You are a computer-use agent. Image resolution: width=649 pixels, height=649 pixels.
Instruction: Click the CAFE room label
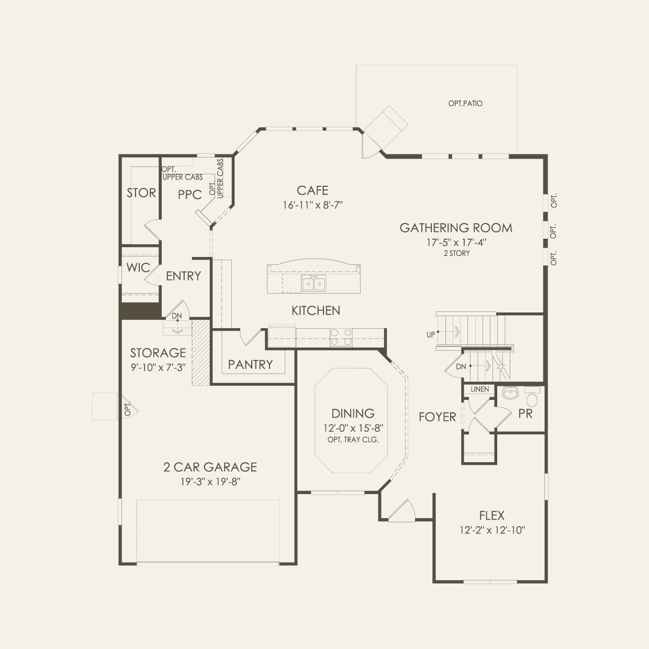(312, 191)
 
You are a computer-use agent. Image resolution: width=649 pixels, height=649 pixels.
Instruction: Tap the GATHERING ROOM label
(456, 228)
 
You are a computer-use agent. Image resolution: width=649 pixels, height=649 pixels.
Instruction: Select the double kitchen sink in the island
(314, 284)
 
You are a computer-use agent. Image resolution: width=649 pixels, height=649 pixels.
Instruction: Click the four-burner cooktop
(341, 337)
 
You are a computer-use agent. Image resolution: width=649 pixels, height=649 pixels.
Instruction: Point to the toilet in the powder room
(532, 396)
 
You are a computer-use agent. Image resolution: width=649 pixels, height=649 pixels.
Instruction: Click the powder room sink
(511, 393)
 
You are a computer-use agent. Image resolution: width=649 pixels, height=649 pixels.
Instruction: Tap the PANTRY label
(250, 365)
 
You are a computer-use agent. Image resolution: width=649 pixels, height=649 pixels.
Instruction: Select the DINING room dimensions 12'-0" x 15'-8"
(353, 429)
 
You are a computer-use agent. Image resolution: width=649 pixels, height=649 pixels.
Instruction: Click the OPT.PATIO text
(465, 104)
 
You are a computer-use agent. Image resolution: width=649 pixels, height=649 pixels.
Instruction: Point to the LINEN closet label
(479, 389)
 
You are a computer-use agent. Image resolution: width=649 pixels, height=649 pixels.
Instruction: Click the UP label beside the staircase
(431, 335)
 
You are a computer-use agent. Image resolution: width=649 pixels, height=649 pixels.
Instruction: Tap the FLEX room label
(491, 516)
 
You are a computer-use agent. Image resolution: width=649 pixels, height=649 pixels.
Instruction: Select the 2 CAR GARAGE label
(210, 467)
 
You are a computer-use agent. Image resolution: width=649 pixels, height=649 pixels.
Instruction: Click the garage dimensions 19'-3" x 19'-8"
(210, 482)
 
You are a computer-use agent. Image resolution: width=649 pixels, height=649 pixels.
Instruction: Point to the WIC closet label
(138, 268)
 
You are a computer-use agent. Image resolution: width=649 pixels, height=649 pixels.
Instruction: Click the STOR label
(141, 193)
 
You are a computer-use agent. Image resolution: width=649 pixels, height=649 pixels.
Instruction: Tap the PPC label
(189, 195)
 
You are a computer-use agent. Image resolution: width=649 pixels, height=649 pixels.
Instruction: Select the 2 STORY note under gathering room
(457, 253)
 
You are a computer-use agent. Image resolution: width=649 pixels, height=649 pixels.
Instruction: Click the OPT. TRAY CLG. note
(353, 440)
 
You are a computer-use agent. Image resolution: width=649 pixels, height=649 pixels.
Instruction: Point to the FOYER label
(437, 417)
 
